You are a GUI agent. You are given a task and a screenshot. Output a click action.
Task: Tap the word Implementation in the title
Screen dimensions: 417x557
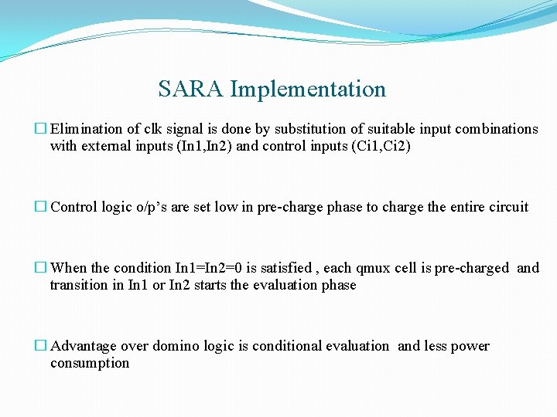(x=308, y=90)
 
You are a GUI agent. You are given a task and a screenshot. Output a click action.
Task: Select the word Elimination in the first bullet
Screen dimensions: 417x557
(x=85, y=129)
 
